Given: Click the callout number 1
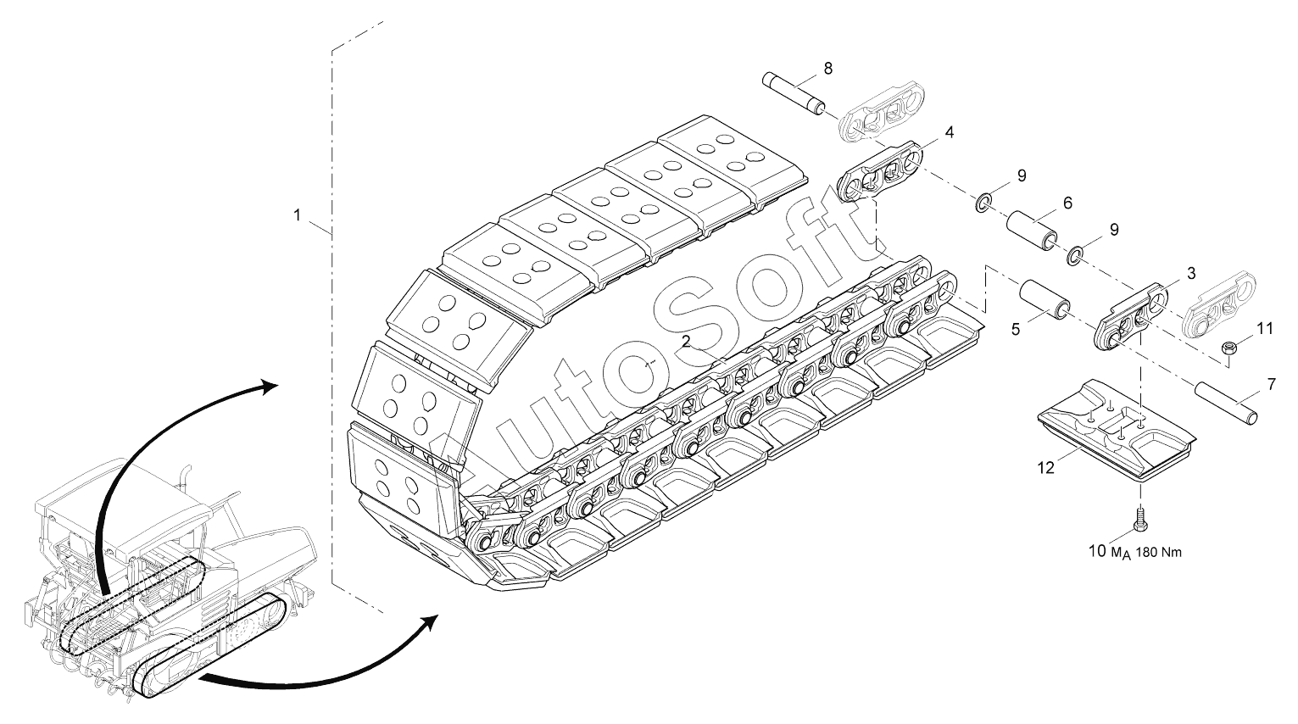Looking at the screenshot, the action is (298, 215).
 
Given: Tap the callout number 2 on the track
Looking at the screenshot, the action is (686, 342).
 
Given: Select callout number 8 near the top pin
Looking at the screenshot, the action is (828, 69).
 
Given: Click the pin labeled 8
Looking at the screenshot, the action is (794, 92).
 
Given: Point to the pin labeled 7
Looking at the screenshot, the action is (1226, 404).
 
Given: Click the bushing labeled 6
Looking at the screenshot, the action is (1032, 230).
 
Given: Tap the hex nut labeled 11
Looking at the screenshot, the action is (1227, 348).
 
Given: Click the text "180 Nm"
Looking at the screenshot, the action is (1158, 553).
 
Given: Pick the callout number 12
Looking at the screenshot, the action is (1046, 467).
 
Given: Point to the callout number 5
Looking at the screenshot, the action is (1015, 330).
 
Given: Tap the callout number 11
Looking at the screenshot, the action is (1265, 329).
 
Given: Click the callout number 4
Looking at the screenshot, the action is (949, 133).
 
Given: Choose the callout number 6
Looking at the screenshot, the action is (1067, 203).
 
